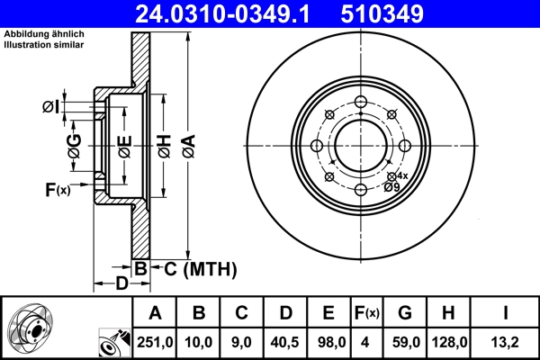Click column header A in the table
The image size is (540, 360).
pyautogui.click(x=155, y=313)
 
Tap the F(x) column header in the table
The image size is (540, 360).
pyautogui.click(x=366, y=313)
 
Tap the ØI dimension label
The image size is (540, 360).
pyautogui.click(x=51, y=108)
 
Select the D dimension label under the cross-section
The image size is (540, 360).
pyautogui.click(x=121, y=284)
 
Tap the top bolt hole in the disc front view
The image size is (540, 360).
pyautogui.click(x=360, y=102)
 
